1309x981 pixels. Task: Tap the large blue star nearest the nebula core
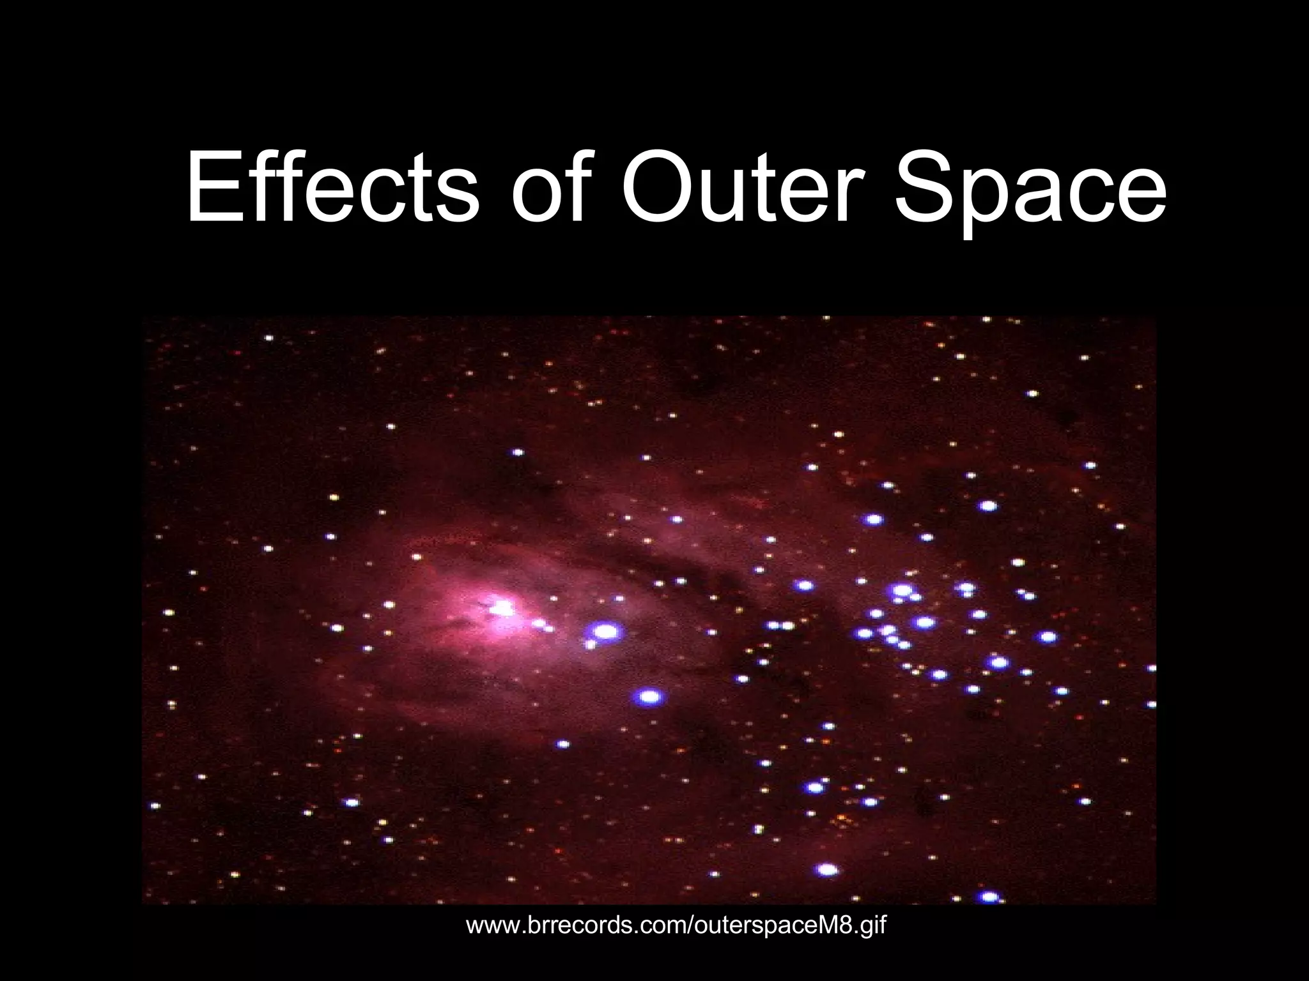(x=605, y=632)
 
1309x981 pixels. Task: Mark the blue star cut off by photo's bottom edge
(x=989, y=897)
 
